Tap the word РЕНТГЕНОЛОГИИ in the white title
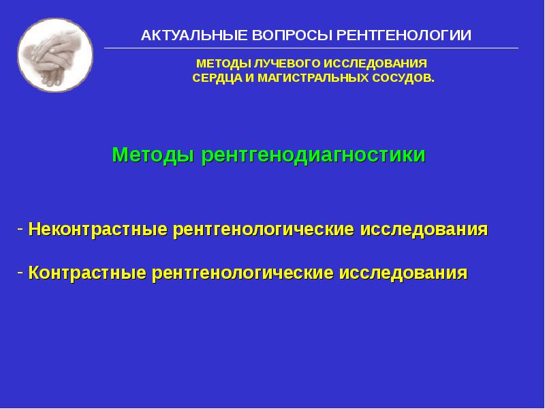click(x=394, y=35)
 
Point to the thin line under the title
click(x=311, y=48)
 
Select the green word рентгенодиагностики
click(x=313, y=155)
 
